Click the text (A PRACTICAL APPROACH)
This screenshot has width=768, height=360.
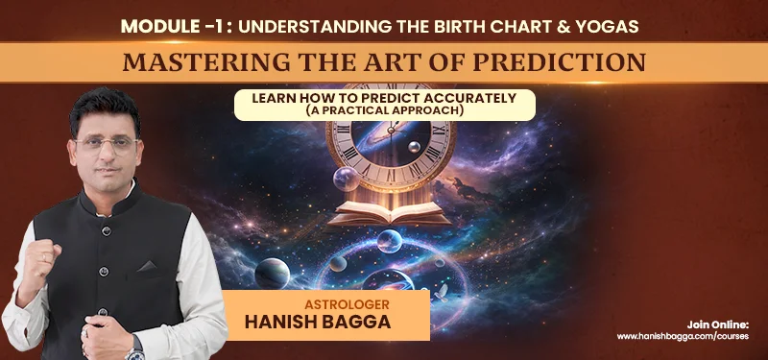(x=385, y=110)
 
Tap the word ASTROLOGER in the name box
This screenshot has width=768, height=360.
(x=347, y=304)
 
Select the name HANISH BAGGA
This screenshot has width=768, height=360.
(x=318, y=322)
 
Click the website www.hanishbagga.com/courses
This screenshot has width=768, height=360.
(x=683, y=337)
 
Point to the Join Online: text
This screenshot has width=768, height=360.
(x=717, y=324)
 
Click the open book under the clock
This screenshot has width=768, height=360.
(x=390, y=213)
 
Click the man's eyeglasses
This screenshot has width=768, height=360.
(x=106, y=143)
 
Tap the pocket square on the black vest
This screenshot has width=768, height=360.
(x=147, y=267)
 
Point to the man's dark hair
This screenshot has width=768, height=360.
(x=105, y=110)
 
